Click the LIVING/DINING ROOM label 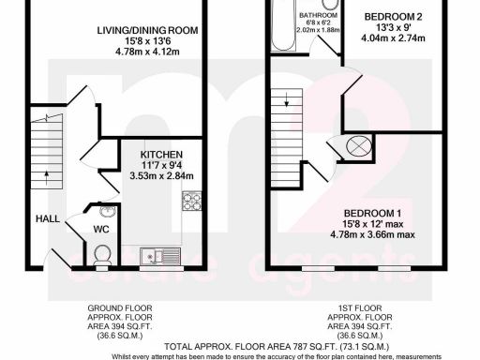click(147, 31)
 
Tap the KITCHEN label click(161, 155)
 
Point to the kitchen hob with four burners click(191, 200)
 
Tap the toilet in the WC click(103, 252)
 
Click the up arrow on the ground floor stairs click(39, 115)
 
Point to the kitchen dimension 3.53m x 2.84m click(161, 175)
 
